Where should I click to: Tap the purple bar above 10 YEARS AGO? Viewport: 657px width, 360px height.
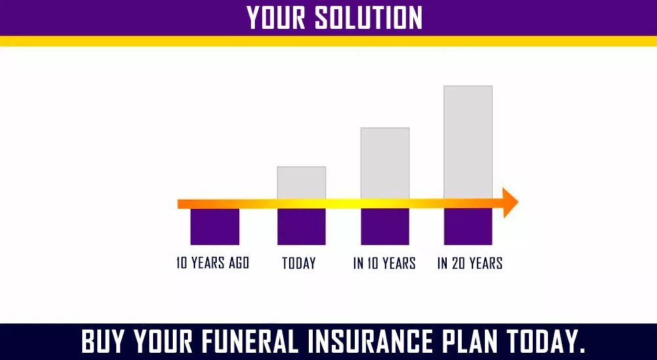[x=214, y=227]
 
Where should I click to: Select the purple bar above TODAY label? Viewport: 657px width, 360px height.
[x=301, y=227]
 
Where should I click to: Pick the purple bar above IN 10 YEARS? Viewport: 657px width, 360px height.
[x=384, y=227]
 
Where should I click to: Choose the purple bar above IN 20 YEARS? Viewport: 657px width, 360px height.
[x=468, y=227]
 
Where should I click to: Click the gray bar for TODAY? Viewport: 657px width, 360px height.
[x=301, y=182]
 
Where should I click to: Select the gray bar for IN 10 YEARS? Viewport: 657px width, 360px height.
[x=384, y=162]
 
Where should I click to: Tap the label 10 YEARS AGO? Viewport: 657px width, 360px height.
[x=213, y=263]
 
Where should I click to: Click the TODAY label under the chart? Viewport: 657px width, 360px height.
[x=299, y=263]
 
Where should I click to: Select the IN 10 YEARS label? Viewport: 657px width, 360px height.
[x=384, y=263]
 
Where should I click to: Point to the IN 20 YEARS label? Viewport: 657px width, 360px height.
[x=470, y=263]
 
